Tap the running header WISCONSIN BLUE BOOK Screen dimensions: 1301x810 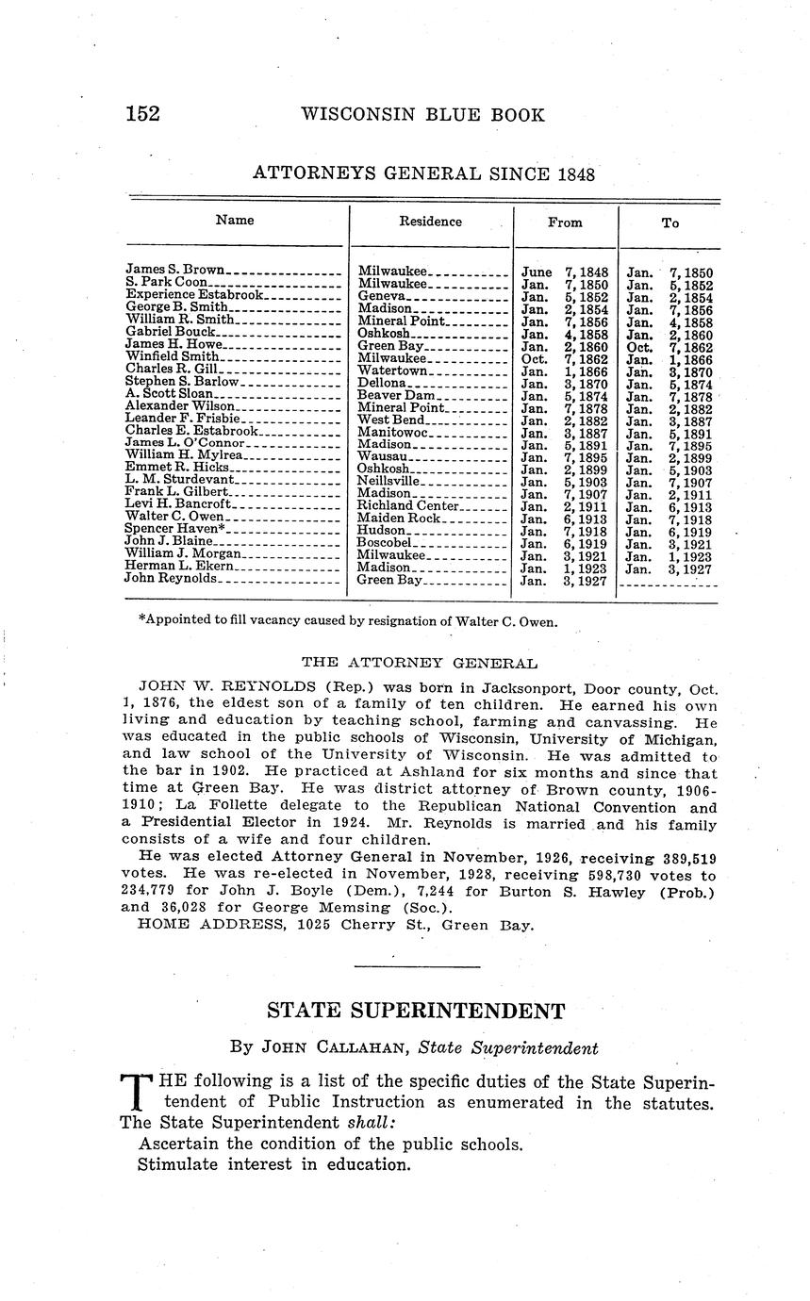(x=422, y=115)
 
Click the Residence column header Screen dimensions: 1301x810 (x=430, y=222)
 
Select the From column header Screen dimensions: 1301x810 (x=565, y=222)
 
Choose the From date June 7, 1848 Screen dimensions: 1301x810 (x=565, y=272)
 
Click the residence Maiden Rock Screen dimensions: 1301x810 (x=396, y=519)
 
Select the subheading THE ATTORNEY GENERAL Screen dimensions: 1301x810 (x=420, y=664)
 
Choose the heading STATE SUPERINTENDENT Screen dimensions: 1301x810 (x=416, y=1012)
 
